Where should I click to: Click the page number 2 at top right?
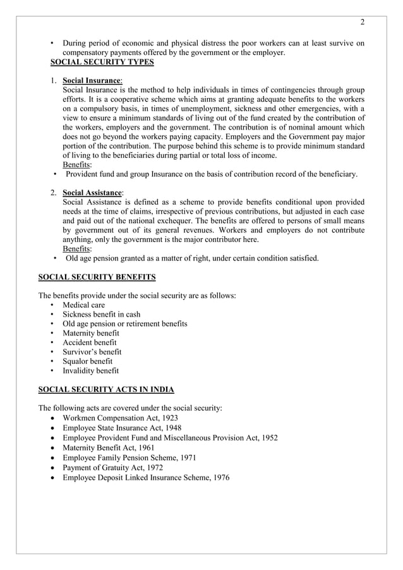(x=363, y=23)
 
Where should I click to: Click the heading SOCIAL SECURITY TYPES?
(x=102, y=63)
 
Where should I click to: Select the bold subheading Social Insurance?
(x=92, y=81)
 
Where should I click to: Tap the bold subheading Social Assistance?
(x=93, y=192)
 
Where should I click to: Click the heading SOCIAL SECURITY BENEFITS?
(x=97, y=277)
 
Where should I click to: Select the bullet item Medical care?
(x=83, y=305)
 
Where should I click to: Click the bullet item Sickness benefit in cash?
(x=101, y=315)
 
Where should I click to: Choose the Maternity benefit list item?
(x=90, y=333)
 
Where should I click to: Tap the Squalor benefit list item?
(x=87, y=361)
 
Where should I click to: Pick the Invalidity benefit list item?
(x=90, y=371)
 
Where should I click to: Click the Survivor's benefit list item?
(x=92, y=352)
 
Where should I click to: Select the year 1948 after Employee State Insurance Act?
(x=172, y=428)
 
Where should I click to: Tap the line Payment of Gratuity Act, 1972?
(x=112, y=468)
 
